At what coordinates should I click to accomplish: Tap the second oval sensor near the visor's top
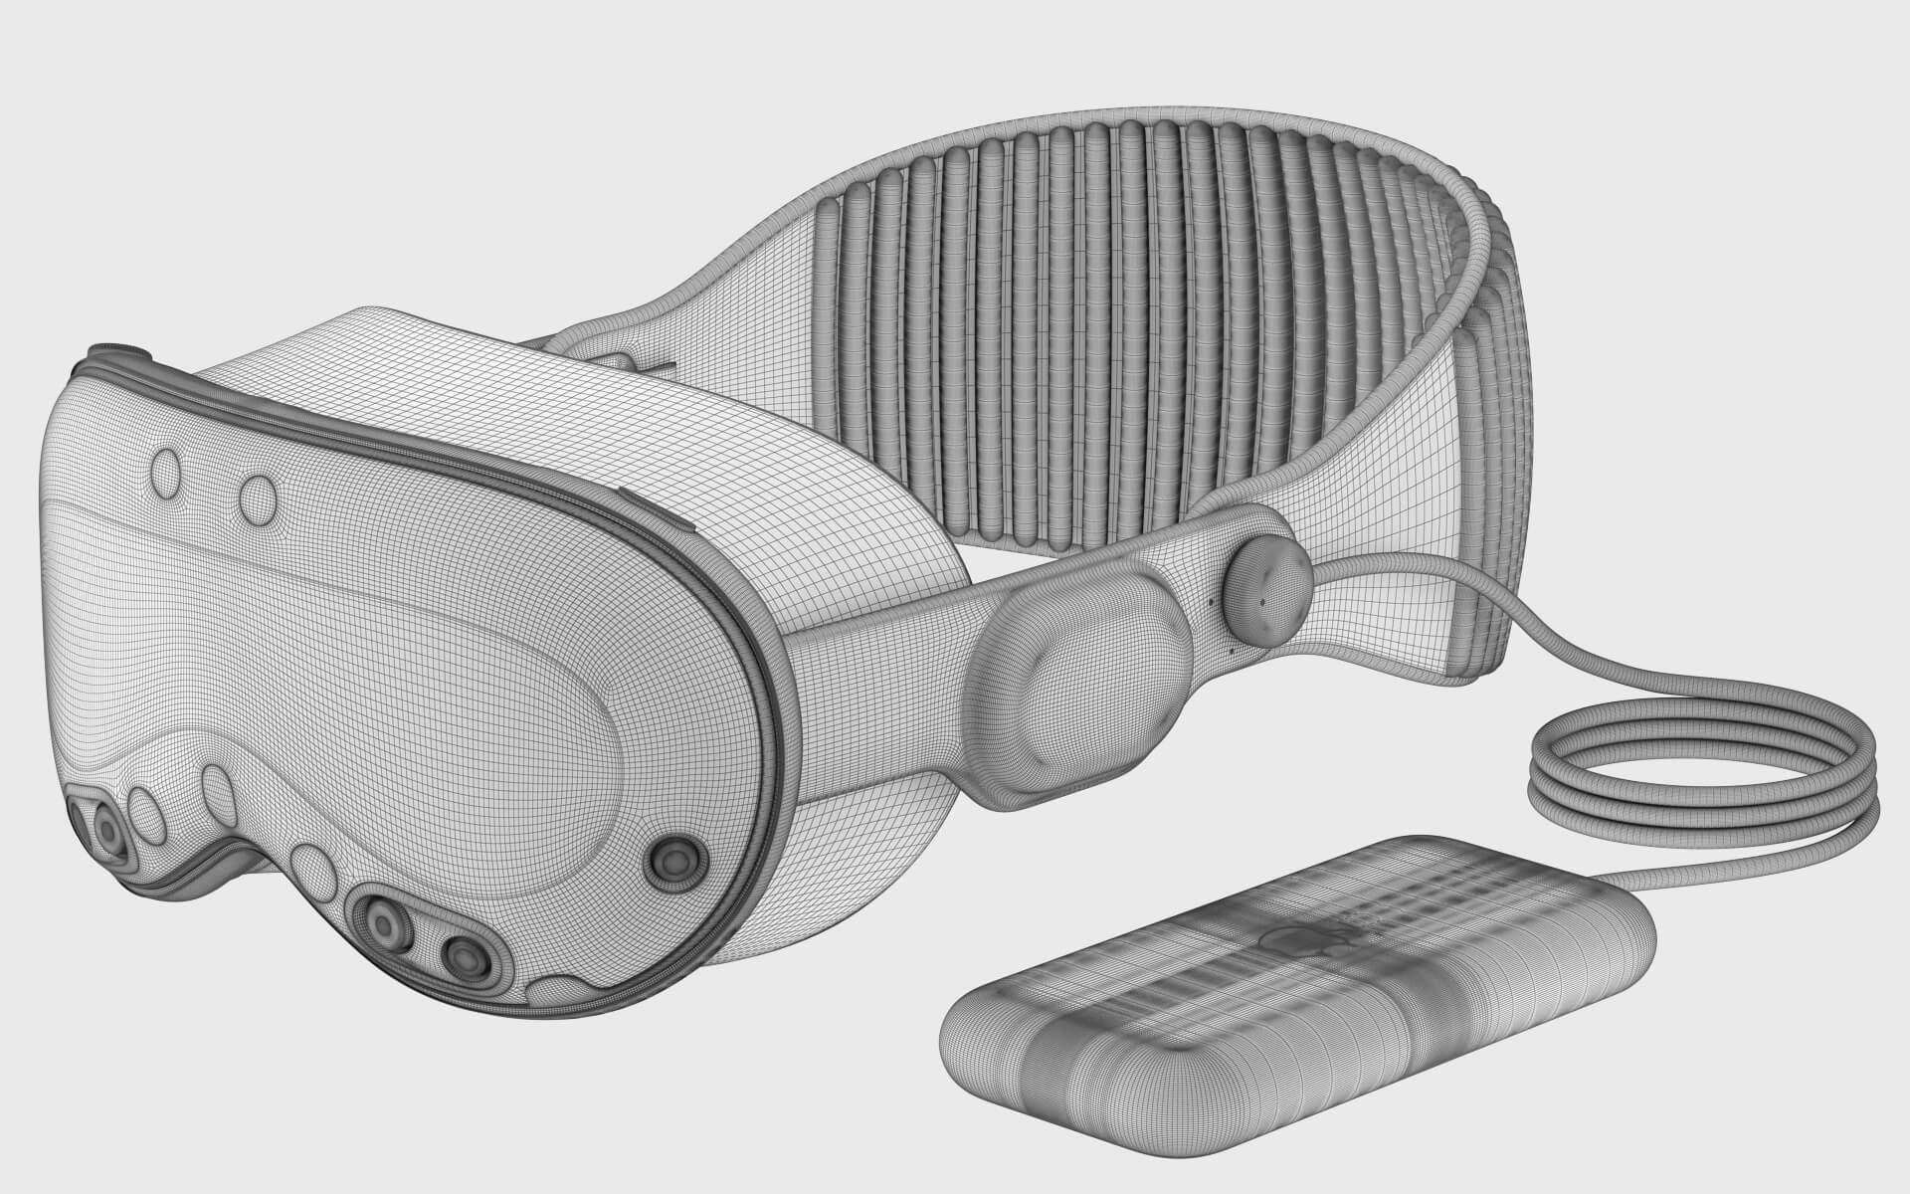coord(260,496)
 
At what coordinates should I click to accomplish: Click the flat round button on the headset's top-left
coord(119,349)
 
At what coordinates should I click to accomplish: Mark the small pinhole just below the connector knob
coord(1234,653)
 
